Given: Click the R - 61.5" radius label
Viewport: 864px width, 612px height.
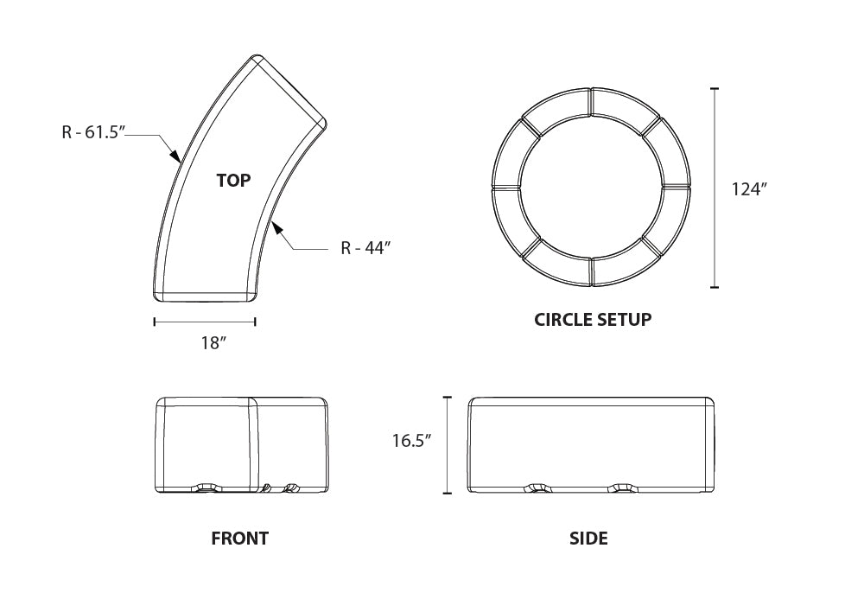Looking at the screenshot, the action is pos(94,133).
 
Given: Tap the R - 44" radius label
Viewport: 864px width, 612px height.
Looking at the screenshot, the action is pos(365,248).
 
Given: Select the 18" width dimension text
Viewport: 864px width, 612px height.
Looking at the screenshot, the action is pos(213,343).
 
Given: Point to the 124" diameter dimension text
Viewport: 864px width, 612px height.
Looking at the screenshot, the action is pos(749,189).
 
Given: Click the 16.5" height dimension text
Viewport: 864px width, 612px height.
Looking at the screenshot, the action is pos(411,441).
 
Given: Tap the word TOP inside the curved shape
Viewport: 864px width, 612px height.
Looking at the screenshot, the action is pos(233,181).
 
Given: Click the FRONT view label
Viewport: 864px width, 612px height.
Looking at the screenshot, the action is pos(239,539).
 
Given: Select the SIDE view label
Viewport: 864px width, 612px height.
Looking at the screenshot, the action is pos(588,539).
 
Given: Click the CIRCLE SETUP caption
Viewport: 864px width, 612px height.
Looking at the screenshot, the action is pos(593,319).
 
